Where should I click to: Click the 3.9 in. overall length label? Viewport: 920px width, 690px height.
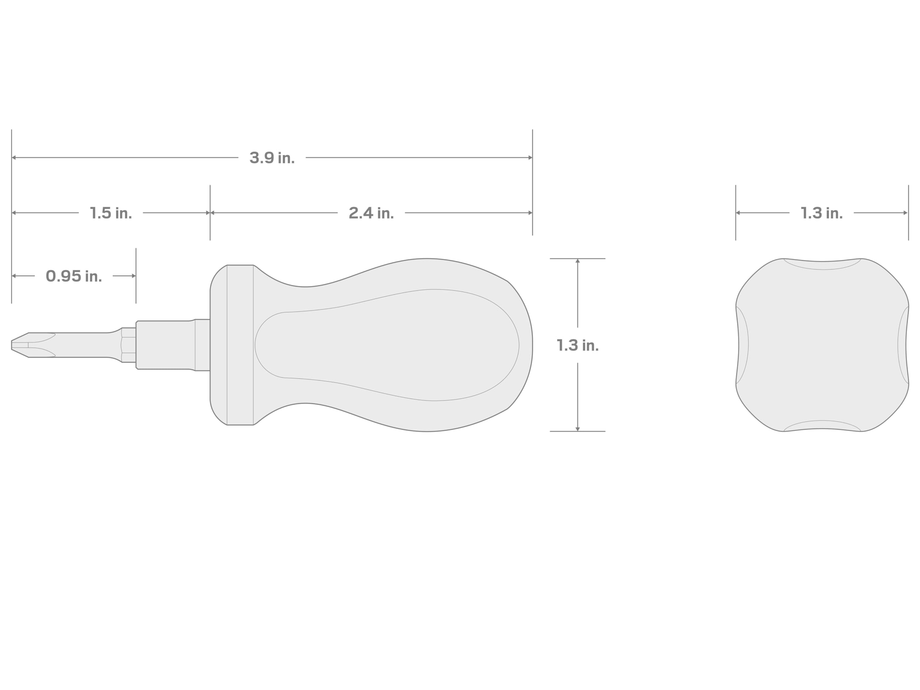tap(272, 158)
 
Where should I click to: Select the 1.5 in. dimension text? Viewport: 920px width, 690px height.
tap(111, 213)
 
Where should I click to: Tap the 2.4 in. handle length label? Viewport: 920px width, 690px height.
tap(371, 213)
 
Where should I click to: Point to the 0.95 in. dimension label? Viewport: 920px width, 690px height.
tap(74, 276)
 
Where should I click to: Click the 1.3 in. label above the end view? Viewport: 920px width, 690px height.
tap(822, 213)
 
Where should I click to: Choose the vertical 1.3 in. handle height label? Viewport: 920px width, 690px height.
tap(577, 346)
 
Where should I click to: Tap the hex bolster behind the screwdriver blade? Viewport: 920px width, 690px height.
tap(129, 345)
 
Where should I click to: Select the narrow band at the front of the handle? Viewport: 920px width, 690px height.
tap(240, 345)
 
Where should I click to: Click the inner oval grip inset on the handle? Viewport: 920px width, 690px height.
tap(387, 345)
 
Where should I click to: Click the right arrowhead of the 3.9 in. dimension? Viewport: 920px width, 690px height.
tap(530, 158)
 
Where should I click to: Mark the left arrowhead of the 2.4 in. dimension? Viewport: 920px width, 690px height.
tap(212, 213)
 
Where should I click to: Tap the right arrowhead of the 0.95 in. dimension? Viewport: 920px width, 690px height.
tap(134, 276)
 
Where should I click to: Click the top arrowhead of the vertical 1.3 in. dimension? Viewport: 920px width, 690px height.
tap(577, 261)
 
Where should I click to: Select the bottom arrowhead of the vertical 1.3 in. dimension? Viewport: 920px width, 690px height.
tap(577, 429)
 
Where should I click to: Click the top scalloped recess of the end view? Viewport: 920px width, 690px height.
tap(822, 264)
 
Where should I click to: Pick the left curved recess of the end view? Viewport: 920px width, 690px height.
tap(743, 345)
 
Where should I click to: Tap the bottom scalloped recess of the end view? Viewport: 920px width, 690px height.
tap(822, 425)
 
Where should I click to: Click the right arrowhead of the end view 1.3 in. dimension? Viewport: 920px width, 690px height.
tap(906, 213)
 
